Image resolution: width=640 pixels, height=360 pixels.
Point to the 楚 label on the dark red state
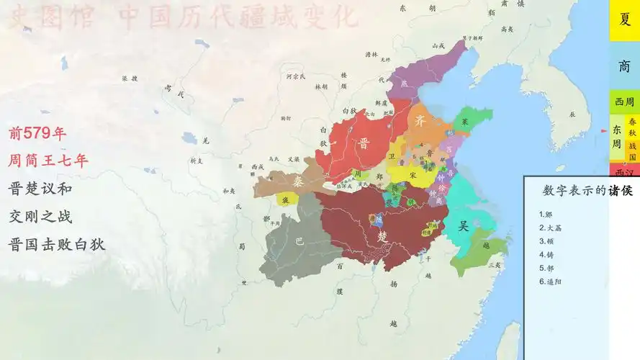[x=382, y=236]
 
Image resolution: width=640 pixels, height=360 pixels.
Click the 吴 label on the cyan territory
[x=464, y=225]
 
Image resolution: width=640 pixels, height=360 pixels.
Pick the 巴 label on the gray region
[x=299, y=242]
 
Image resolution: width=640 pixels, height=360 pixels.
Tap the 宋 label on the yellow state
[x=413, y=175]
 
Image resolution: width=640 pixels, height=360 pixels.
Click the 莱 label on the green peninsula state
[x=465, y=122]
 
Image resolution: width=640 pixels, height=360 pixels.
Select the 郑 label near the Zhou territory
[x=379, y=176]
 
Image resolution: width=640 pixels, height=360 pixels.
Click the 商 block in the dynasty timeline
[x=624, y=66]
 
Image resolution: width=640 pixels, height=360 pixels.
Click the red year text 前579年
[x=37, y=133]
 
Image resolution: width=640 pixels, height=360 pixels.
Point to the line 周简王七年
[x=48, y=161]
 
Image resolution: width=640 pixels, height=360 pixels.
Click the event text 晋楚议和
[x=40, y=189]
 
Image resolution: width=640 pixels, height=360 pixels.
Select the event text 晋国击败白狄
[x=57, y=244]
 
